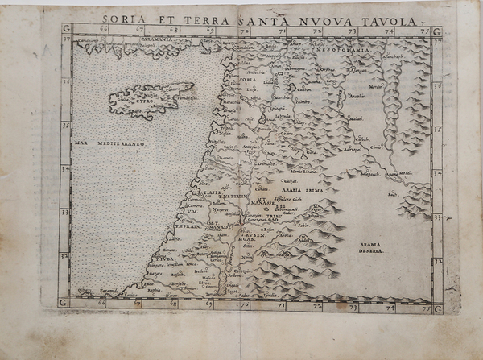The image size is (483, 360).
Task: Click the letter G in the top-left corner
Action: click(x=64, y=31)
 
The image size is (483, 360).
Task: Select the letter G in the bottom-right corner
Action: click(x=437, y=308)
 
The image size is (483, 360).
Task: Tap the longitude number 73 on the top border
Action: click(x=349, y=31)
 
